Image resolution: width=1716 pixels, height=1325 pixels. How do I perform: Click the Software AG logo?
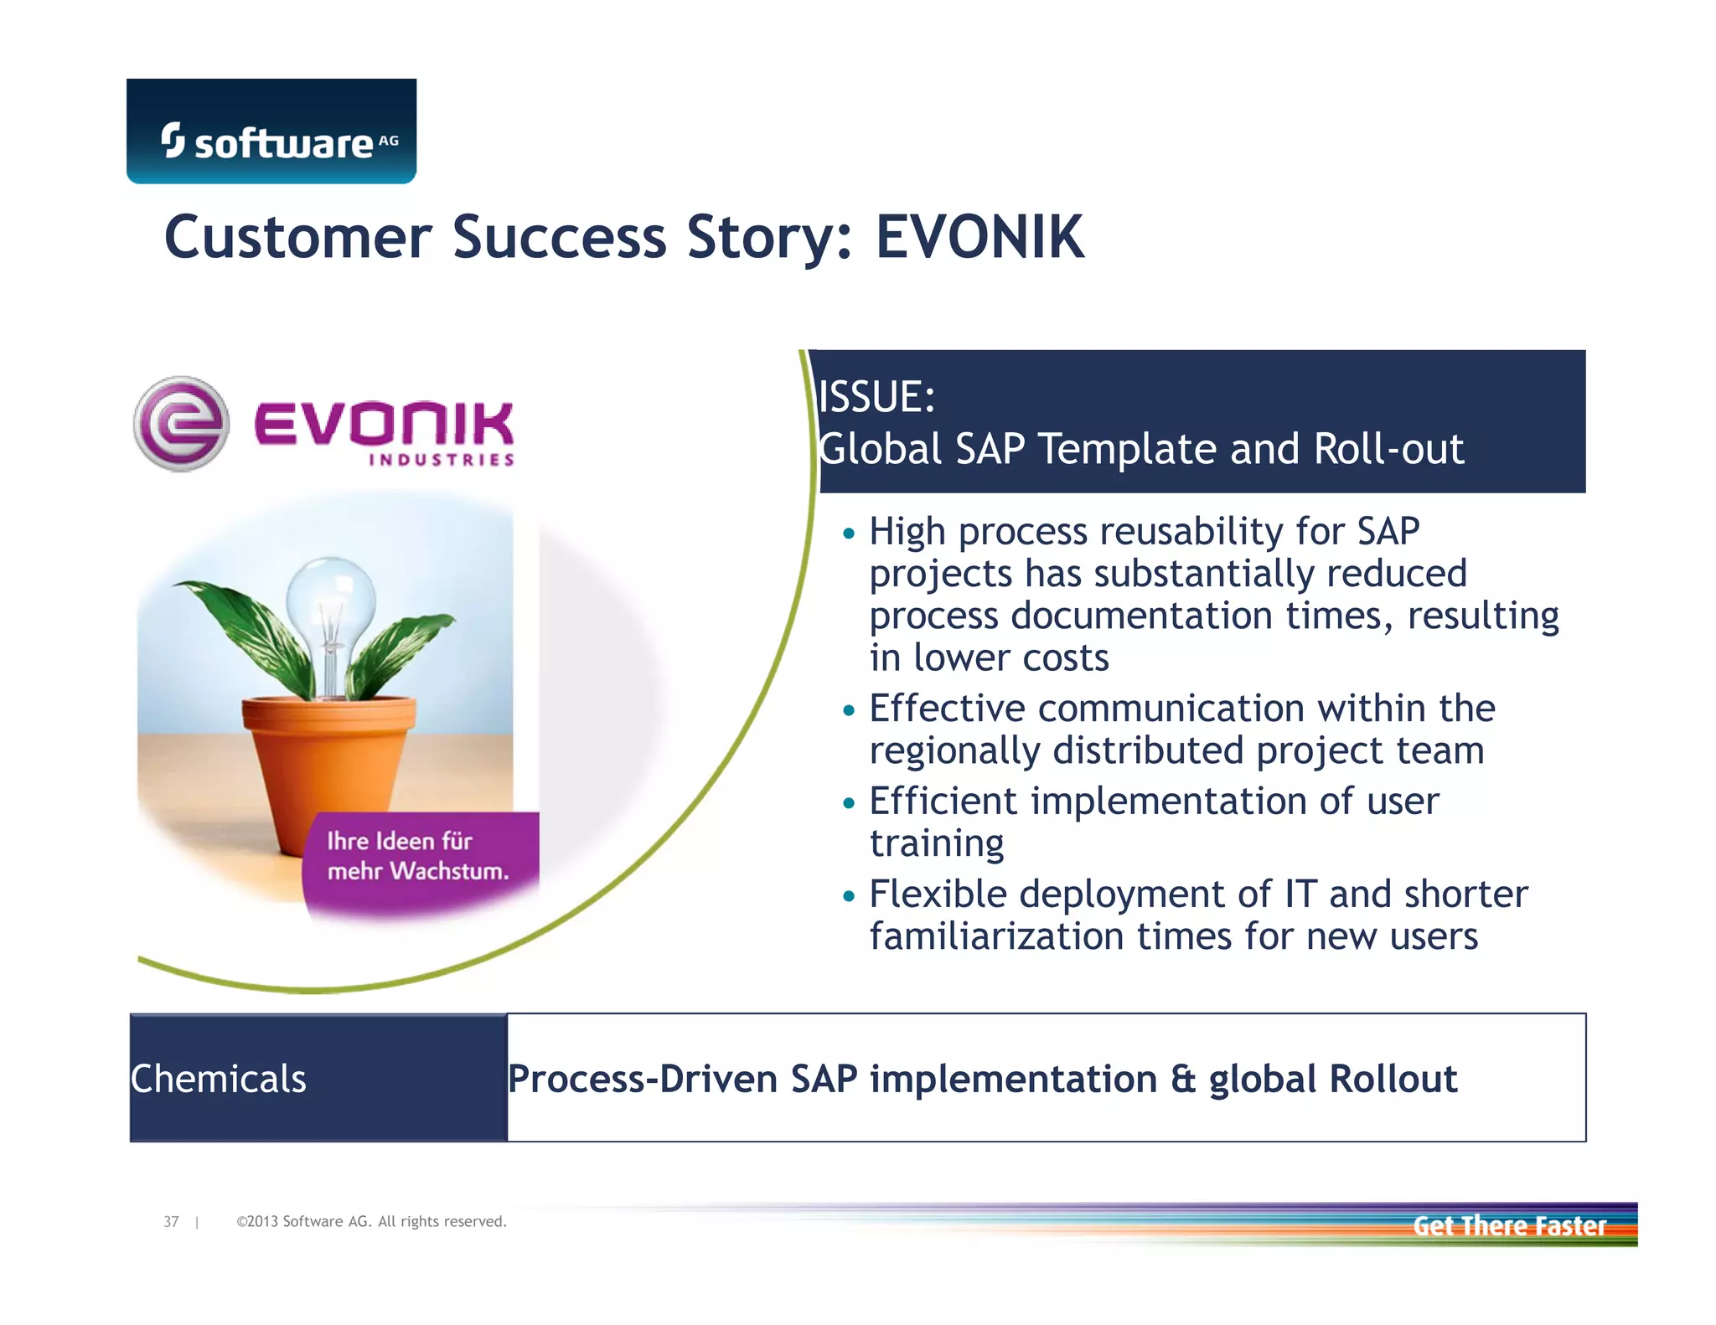(x=271, y=131)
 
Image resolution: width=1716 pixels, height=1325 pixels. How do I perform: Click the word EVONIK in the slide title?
(x=979, y=237)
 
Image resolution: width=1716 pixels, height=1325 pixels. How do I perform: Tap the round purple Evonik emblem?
(x=181, y=424)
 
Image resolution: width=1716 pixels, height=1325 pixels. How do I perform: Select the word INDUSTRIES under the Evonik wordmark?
(x=441, y=460)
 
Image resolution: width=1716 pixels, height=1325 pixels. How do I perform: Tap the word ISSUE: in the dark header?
(x=876, y=396)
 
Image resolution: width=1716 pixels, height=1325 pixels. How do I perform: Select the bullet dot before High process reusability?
(x=849, y=533)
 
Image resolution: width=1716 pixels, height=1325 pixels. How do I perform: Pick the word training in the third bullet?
(x=937, y=843)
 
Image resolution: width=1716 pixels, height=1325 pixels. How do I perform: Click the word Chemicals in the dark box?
(x=219, y=1079)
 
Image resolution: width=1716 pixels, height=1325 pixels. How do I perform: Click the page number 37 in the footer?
(x=171, y=1222)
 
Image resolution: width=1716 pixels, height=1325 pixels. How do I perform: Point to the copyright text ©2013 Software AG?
(x=371, y=1222)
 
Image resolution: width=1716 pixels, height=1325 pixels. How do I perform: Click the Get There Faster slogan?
(x=1509, y=1226)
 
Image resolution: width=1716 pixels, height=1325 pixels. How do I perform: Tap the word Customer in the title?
(x=297, y=237)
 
